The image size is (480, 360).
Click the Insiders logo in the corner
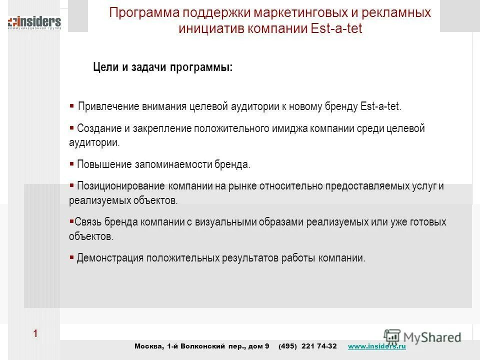(x=34, y=23)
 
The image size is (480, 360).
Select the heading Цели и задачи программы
(x=163, y=67)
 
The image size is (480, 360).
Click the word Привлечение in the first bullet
(x=106, y=107)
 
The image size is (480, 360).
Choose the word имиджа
(x=289, y=128)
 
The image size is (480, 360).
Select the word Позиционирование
(x=120, y=186)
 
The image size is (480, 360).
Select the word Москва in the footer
(x=148, y=346)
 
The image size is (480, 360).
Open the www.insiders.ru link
(x=376, y=346)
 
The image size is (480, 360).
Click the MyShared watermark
(x=422, y=336)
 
